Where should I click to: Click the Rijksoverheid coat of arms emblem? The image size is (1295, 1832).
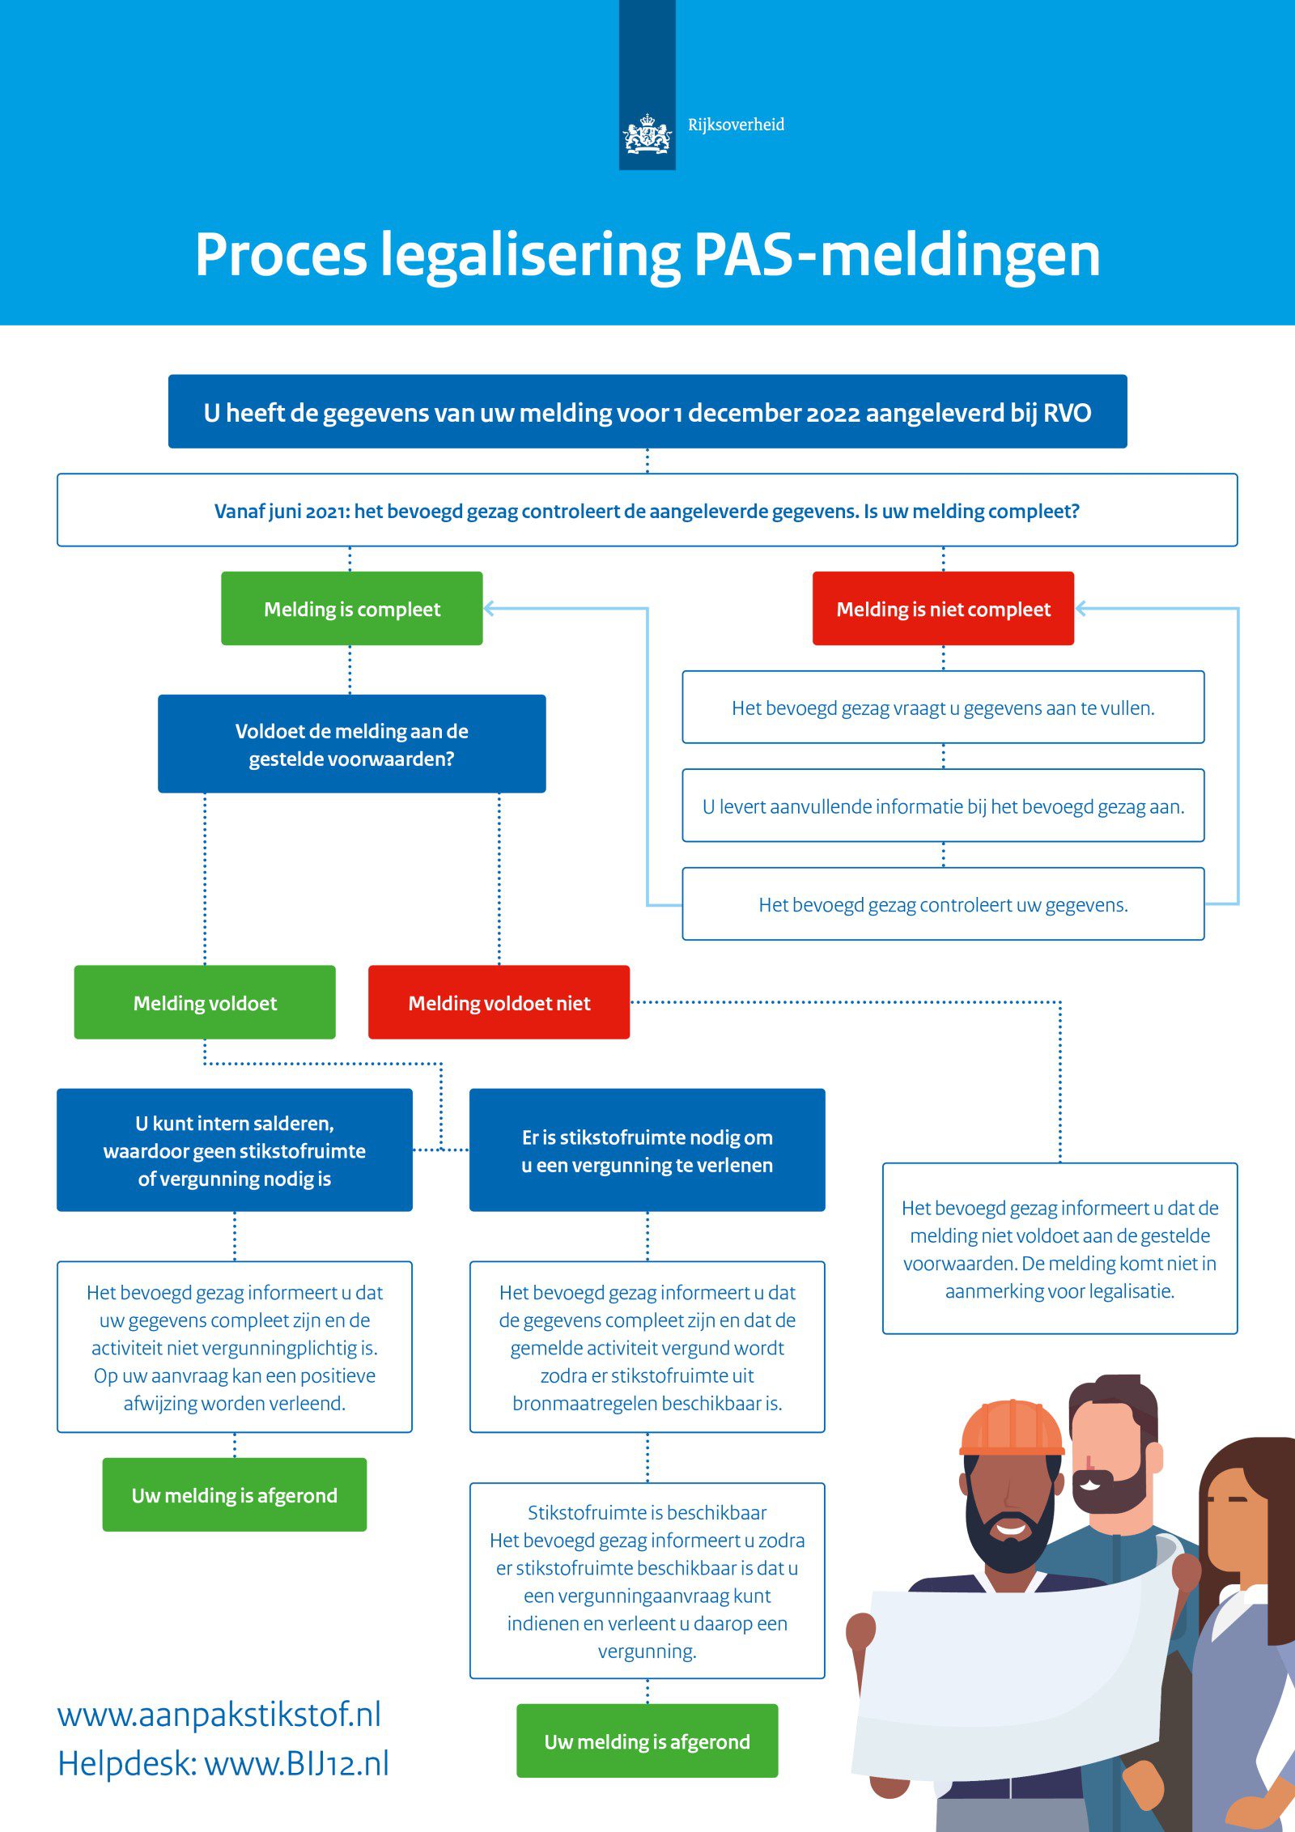click(647, 135)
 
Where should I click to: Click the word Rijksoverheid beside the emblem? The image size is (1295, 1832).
click(736, 125)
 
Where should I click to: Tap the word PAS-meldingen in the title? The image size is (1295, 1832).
click(897, 255)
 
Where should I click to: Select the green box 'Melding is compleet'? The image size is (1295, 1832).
click(352, 609)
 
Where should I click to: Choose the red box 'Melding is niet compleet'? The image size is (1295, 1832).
click(943, 609)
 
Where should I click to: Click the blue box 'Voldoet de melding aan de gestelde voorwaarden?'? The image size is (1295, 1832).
click(351, 744)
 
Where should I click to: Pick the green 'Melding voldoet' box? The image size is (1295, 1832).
click(205, 1002)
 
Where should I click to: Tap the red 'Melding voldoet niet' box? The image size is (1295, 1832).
click(499, 1002)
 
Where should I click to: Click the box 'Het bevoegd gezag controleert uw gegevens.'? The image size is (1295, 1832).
click(943, 904)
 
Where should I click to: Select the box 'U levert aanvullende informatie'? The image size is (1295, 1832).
click(943, 806)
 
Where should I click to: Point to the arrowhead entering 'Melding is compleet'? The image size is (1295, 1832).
click(490, 609)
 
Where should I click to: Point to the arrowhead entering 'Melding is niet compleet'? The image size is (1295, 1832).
click(1081, 609)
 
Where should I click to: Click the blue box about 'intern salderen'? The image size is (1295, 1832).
click(235, 1150)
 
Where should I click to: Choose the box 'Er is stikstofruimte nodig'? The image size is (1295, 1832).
click(647, 1150)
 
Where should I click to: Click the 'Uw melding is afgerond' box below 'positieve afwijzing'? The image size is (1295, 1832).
click(235, 1494)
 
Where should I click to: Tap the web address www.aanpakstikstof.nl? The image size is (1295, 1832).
click(219, 1715)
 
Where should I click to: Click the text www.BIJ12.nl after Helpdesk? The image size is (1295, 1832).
click(296, 1763)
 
